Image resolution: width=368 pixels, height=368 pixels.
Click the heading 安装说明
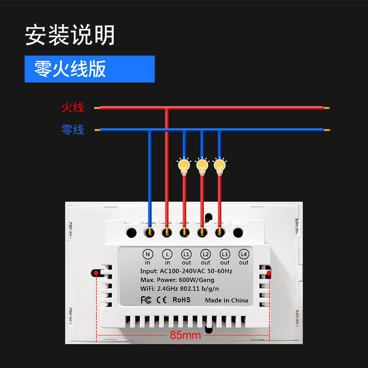pos(69,35)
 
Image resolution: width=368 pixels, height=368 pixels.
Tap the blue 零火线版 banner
pos(90,69)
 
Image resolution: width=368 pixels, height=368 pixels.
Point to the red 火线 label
pos(73,108)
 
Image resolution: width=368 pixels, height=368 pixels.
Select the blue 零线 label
pos(73,130)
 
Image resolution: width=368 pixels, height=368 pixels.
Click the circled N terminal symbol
pos(148,253)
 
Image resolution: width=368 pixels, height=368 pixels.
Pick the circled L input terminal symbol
pos(167,253)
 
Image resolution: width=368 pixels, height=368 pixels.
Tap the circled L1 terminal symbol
pos(186,253)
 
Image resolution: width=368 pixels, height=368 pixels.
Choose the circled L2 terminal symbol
pos(205,253)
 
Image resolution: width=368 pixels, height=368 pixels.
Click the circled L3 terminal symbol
pos(224,253)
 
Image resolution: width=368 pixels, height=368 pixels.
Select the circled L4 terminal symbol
pos(243,253)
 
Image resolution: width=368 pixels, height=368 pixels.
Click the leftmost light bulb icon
pos(184,165)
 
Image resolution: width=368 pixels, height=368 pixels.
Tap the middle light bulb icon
pos(201,165)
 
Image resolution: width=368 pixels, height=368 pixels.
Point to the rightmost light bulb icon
pos(219,165)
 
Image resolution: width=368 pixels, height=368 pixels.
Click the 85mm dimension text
pos(185,335)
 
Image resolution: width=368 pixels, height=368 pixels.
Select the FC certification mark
pos(146,300)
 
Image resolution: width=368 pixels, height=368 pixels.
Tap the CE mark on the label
pos(161,300)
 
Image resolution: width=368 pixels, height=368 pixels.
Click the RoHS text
pos(181,300)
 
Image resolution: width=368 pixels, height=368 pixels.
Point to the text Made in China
pos(226,300)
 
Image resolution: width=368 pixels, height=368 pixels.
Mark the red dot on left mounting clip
pos(95,273)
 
